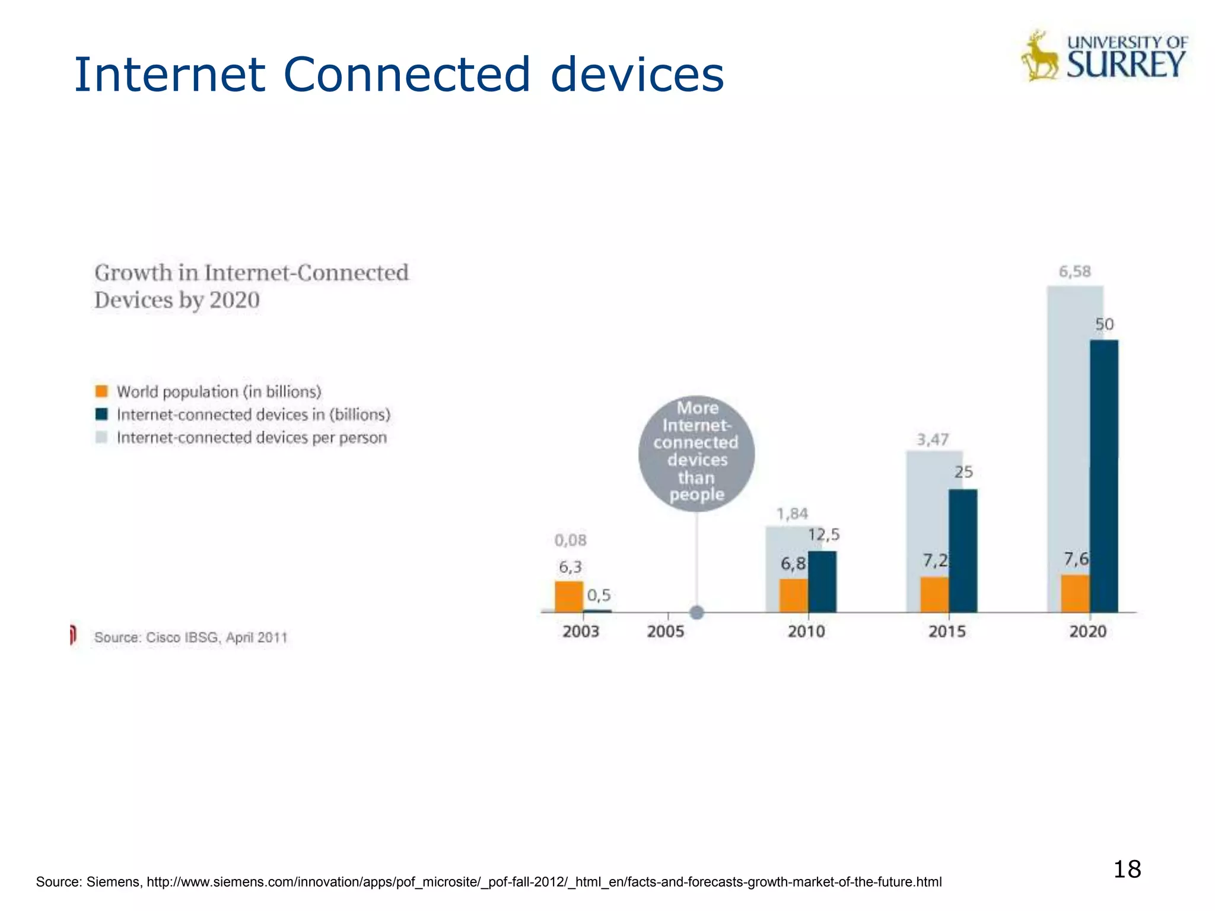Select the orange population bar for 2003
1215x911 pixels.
tap(569, 597)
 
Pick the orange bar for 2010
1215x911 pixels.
tap(793, 595)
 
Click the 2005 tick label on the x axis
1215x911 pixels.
tap(665, 631)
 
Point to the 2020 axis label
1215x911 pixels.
tap(1087, 631)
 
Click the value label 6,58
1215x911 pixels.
tap(1074, 272)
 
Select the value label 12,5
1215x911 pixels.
tap(823, 535)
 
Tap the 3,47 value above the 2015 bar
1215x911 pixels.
tap(933, 439)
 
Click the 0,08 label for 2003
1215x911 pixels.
tap(570, 540)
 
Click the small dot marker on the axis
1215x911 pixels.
tap(697, 613)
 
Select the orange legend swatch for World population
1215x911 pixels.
tap(102, 391)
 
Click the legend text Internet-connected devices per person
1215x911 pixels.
tap(252, 438)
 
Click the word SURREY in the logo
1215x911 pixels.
tap(1125, 65)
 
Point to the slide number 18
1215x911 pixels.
tap(1127, 869)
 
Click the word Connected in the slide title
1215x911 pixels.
tap(406, 75)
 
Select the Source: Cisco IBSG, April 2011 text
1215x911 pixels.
tap(190, 638)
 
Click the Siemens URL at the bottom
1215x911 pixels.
tap(543, 882)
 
